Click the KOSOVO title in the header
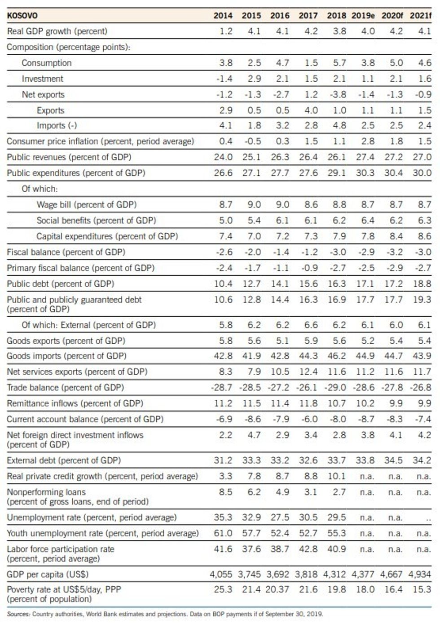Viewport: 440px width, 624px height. click(22, 15)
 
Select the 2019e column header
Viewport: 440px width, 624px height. click(363, 15)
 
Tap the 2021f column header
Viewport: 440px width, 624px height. click(420, 15)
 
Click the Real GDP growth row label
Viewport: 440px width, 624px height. click(57, 31)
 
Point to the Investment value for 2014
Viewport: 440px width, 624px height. click(224, 79)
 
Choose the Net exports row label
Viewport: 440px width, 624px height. click(43, 95)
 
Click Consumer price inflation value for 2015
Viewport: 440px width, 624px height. click(252, 142)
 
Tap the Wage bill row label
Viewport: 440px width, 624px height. click(86, 205)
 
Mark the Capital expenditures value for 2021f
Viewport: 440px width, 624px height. click(424, 236)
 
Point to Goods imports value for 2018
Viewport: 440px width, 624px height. click(337, 356)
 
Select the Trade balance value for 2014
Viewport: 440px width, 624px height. click(222, 388)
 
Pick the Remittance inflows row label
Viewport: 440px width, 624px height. click(75, 403)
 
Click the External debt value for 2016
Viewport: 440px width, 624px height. click(280, 460)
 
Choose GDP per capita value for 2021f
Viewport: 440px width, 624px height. click(420, 575)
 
